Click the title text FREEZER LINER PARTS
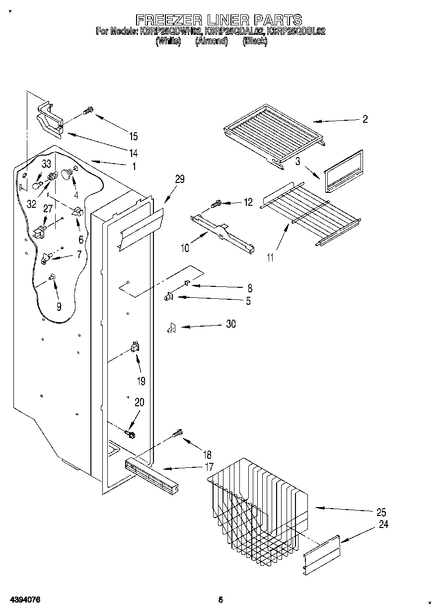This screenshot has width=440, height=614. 219,19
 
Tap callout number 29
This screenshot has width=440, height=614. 179,179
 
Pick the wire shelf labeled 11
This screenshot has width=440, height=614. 310,211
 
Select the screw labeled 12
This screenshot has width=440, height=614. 216,203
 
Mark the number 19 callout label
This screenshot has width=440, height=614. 141,381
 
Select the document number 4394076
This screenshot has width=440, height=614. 24,600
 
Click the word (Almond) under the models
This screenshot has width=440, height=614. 211,42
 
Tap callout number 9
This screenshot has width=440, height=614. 59,307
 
